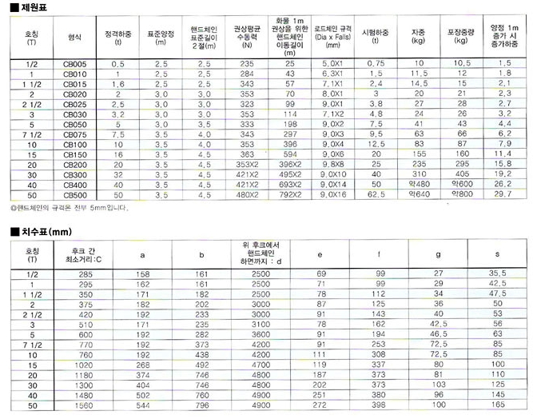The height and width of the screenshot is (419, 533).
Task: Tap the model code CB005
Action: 75,62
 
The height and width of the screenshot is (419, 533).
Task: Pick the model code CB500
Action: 75,194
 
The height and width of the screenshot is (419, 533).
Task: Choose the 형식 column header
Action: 75,37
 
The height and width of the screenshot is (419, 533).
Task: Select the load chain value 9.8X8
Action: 331,164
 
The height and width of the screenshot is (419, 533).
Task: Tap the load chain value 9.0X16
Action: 331,194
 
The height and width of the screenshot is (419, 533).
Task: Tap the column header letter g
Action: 438,254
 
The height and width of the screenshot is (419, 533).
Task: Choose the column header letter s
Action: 498,254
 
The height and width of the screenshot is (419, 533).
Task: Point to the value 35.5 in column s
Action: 498,274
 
